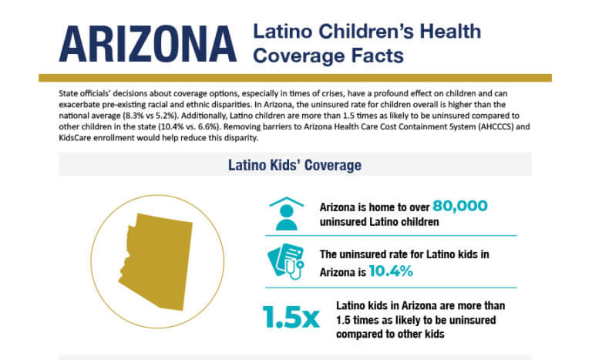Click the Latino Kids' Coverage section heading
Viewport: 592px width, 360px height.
click(295, 164)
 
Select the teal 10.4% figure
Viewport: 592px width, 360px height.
click(391, 271)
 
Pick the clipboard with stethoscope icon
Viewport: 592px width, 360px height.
click(286, 262)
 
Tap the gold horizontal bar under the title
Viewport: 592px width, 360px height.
click(295, 78)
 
